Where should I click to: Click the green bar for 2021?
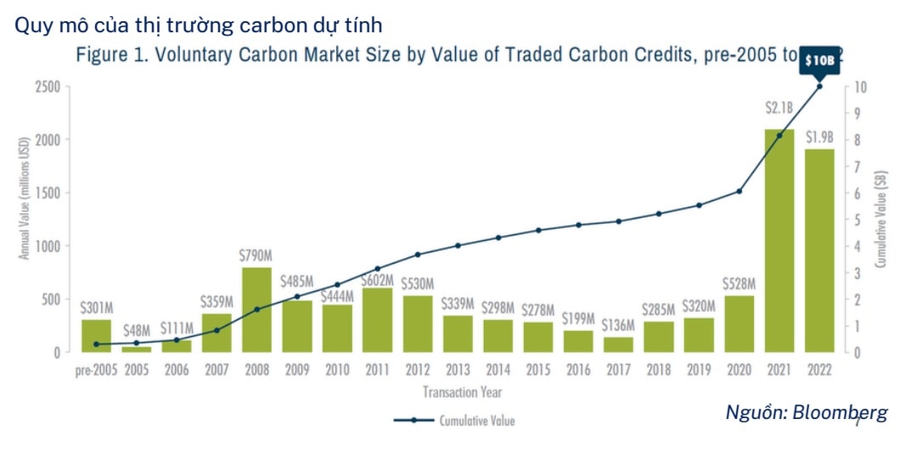(779, 241)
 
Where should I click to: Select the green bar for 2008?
(256, 309)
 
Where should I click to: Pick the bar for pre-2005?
(96, 336)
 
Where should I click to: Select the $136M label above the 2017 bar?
(618, 326)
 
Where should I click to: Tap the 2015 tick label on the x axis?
(537, 371)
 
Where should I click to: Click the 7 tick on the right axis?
(861, 167)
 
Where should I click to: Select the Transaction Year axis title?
(462, 392)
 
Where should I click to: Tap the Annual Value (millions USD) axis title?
(24, 201)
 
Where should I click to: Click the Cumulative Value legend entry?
(476, 420)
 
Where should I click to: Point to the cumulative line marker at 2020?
(739, 191)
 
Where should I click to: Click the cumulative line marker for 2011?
(377, 269)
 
